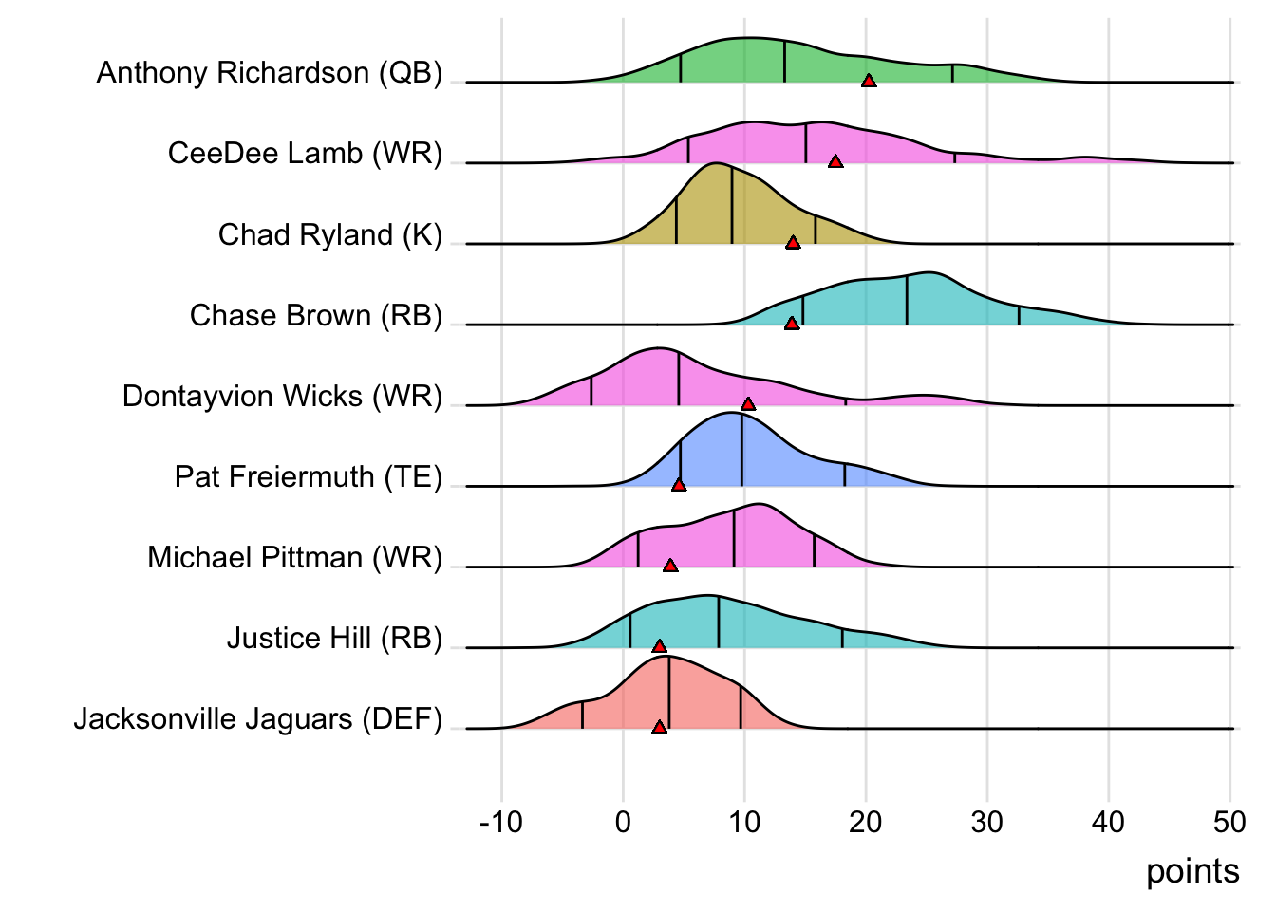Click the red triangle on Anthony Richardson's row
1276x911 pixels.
pyautogui.click(x=869, y=82)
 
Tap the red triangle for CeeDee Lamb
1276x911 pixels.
pyautogui.click(x=835, y=162)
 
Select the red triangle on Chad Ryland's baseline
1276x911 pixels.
pyautogui.click(x=793, y=243)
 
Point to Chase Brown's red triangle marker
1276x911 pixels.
pyautogui.click(x=792, y=324)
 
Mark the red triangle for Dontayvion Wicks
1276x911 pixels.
pyautogui.click(x=748, y=404)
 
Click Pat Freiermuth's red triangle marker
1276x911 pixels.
pyautogui.click(x=679, y=485)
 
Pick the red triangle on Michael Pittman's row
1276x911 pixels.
pyautogui.click(x=670, y=566)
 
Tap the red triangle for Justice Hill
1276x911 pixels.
pyautogui.click(x=660, y=646)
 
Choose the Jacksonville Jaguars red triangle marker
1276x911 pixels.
pyautogui.click(x=660, y=727)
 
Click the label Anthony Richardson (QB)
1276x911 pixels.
pyautogui.click(x=270, y=73)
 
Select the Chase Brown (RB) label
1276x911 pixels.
pyautogui.click(x=316, y=315)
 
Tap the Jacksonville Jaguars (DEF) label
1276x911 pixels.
pyautogui.click(x=258, y=719)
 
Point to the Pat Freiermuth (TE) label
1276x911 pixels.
pyautogui.click(x=309, y=476)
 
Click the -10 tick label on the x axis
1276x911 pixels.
pyautogui.click(x=501, y=822)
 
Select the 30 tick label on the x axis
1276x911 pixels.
pyautogui.click(x=987, y=822)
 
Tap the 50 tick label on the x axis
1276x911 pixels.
pyautogui.click(x=1229, y=822)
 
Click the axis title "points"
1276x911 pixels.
pyautogui.click(x=1192, y=871)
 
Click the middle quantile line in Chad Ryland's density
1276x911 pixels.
pyautogui.click(x=732, y=205)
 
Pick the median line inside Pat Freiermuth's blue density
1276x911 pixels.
pyautogui.click(x=741, y=451)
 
